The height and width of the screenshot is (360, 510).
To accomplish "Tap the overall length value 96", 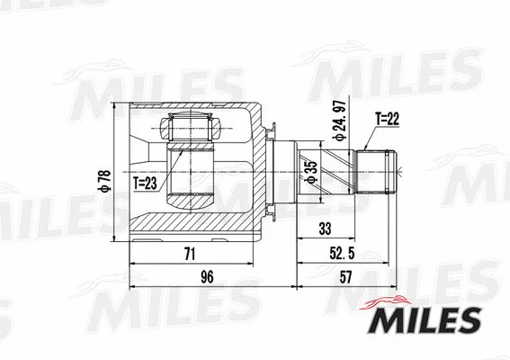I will (207, 279).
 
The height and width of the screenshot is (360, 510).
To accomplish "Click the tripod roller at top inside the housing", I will (191, 128).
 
